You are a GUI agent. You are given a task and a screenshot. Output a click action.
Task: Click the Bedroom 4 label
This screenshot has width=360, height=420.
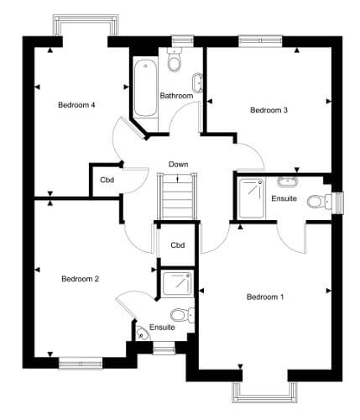pyautogui.click(x=76, y=105)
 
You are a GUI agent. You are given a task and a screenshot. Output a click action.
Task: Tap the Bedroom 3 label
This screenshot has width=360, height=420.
pyautogui.click(x=269, y=110)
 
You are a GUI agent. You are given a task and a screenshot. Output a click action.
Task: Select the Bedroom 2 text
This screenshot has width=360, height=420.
pyautogui.click(x=81, y=279)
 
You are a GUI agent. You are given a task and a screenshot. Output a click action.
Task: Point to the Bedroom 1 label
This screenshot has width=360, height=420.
pyautogui.click(x=265, y=297)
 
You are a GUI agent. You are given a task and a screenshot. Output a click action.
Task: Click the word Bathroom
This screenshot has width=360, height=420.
pyautogui.click(x=176, y=96)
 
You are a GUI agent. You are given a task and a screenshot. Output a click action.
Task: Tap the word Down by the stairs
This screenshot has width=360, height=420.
pyautogui.click(x=178, y=165)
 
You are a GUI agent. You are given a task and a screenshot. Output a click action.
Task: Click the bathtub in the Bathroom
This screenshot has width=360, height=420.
pyautogui.click(x=145, y=88)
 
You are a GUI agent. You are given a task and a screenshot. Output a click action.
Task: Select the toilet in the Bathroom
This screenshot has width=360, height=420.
pyautogui.click(x=175, y=60)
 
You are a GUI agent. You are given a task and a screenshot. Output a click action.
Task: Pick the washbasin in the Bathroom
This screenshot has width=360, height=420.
pyautogui.click(x=198, y=83)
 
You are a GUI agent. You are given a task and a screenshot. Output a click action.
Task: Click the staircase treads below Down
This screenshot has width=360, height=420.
pyautogui.click(x=178, y=196)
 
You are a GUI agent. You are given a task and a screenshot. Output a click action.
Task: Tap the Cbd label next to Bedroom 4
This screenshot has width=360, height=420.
pyautogui.click(x=107, y=180)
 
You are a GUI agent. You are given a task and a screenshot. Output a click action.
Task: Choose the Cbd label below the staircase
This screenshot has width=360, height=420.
pyautogui.click(x=178, y=245)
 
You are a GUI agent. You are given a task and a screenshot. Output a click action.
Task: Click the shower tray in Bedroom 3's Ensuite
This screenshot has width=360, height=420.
pyautogui.click(x=251, y=198)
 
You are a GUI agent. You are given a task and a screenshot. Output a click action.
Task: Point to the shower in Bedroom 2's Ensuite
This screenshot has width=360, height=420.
pyautogui.click(x=177, y=283)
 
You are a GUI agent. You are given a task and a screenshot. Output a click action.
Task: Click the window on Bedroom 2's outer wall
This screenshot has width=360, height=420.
pyautogui.click(x=81, y=363)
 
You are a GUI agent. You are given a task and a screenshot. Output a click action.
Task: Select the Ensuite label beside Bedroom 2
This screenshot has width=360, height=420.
pyautogui.click(x=162, y=328)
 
